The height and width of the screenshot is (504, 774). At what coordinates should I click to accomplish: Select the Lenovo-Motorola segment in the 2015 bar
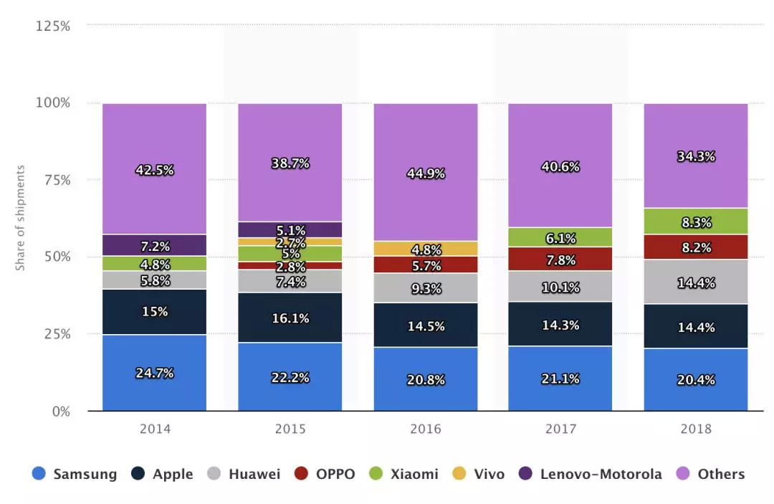(290, 229)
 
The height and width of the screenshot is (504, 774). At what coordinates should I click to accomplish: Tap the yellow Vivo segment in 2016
(426, 248)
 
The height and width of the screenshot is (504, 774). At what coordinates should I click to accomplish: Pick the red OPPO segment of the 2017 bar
(560, 259)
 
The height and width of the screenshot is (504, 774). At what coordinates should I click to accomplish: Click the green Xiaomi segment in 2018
(696, 222)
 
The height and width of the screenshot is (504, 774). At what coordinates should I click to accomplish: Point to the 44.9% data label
(426, 173)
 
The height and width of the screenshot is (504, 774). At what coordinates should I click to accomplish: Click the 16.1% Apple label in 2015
(290, 318)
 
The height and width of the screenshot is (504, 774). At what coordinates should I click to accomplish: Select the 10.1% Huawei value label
(560, 287)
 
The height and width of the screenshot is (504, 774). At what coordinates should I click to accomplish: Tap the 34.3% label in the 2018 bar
(696, 156)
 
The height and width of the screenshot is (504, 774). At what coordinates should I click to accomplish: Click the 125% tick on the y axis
(53, 26)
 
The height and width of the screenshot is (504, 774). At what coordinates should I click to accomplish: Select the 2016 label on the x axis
(426, 429)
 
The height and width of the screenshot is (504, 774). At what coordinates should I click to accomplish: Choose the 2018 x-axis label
(696, 429)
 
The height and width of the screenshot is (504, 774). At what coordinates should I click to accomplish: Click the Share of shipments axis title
(21, 218)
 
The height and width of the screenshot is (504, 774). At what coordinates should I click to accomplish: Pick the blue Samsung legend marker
(39, 474)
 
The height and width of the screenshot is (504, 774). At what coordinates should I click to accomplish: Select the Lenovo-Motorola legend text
(601, 474)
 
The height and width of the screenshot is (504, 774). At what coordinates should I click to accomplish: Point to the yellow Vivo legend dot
(460, 474)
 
